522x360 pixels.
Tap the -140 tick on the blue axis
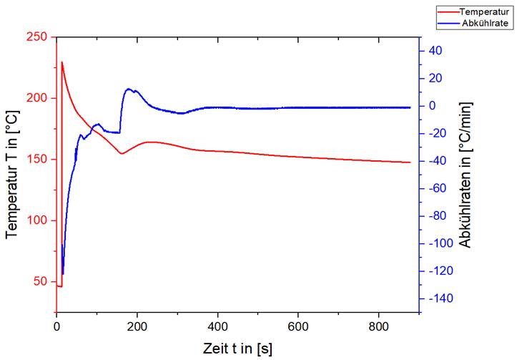438,298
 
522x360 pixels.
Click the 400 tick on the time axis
218,327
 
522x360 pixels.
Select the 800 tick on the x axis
380,327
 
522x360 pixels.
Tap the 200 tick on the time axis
137,327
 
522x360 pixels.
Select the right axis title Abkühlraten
466,175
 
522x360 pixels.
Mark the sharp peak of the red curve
62,62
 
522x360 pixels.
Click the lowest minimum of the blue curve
63,273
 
